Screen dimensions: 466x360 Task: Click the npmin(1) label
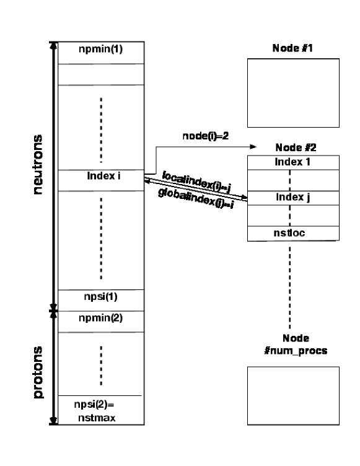coord(100,49)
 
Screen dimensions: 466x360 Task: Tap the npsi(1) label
coord(100,296)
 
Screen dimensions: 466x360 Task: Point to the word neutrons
coord(38,164)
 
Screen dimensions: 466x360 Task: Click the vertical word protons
coord(38,372)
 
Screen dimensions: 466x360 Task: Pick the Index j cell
coord(293,198)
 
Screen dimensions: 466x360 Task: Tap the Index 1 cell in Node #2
coord(293,162)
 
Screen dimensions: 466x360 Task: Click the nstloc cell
coord(293,234)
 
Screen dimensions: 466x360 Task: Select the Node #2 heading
coord(293,149)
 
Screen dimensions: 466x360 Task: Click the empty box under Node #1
coord(293,92)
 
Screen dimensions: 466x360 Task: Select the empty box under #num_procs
coord(293,395)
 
